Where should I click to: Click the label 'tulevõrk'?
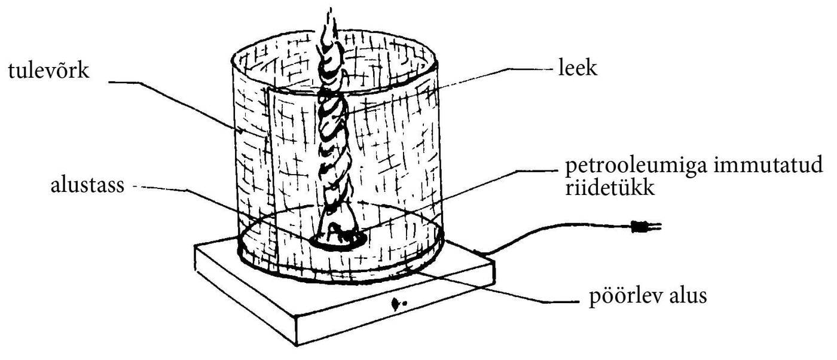(48, 71)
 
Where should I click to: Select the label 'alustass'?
(87, 186)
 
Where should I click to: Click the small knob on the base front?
(395, 304)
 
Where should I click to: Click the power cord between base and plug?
(538, 230)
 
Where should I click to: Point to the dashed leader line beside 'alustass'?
(179, 190)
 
